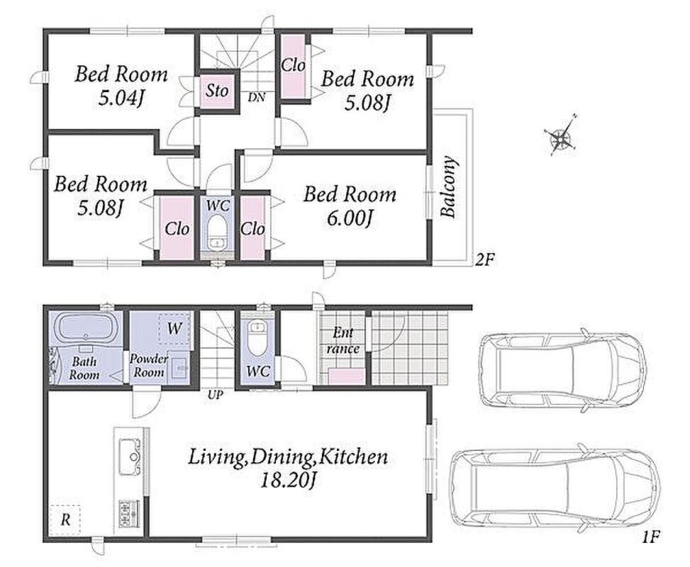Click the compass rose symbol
point(560,135)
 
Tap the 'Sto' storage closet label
point(217,91)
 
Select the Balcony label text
point(449,186)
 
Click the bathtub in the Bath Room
point(84,327)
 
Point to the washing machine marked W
point(174,327)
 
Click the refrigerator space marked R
point(65,520)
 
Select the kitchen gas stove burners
point(128,513)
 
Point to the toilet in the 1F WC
point(256,337)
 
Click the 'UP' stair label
point(215,395)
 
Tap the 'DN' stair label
point(256,97)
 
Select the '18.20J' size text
point(288,481)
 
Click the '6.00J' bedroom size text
point(350,218)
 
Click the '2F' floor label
point(485,260)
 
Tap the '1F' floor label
point(651,537)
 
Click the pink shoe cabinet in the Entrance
point(347,376)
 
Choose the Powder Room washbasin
point(180,366)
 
